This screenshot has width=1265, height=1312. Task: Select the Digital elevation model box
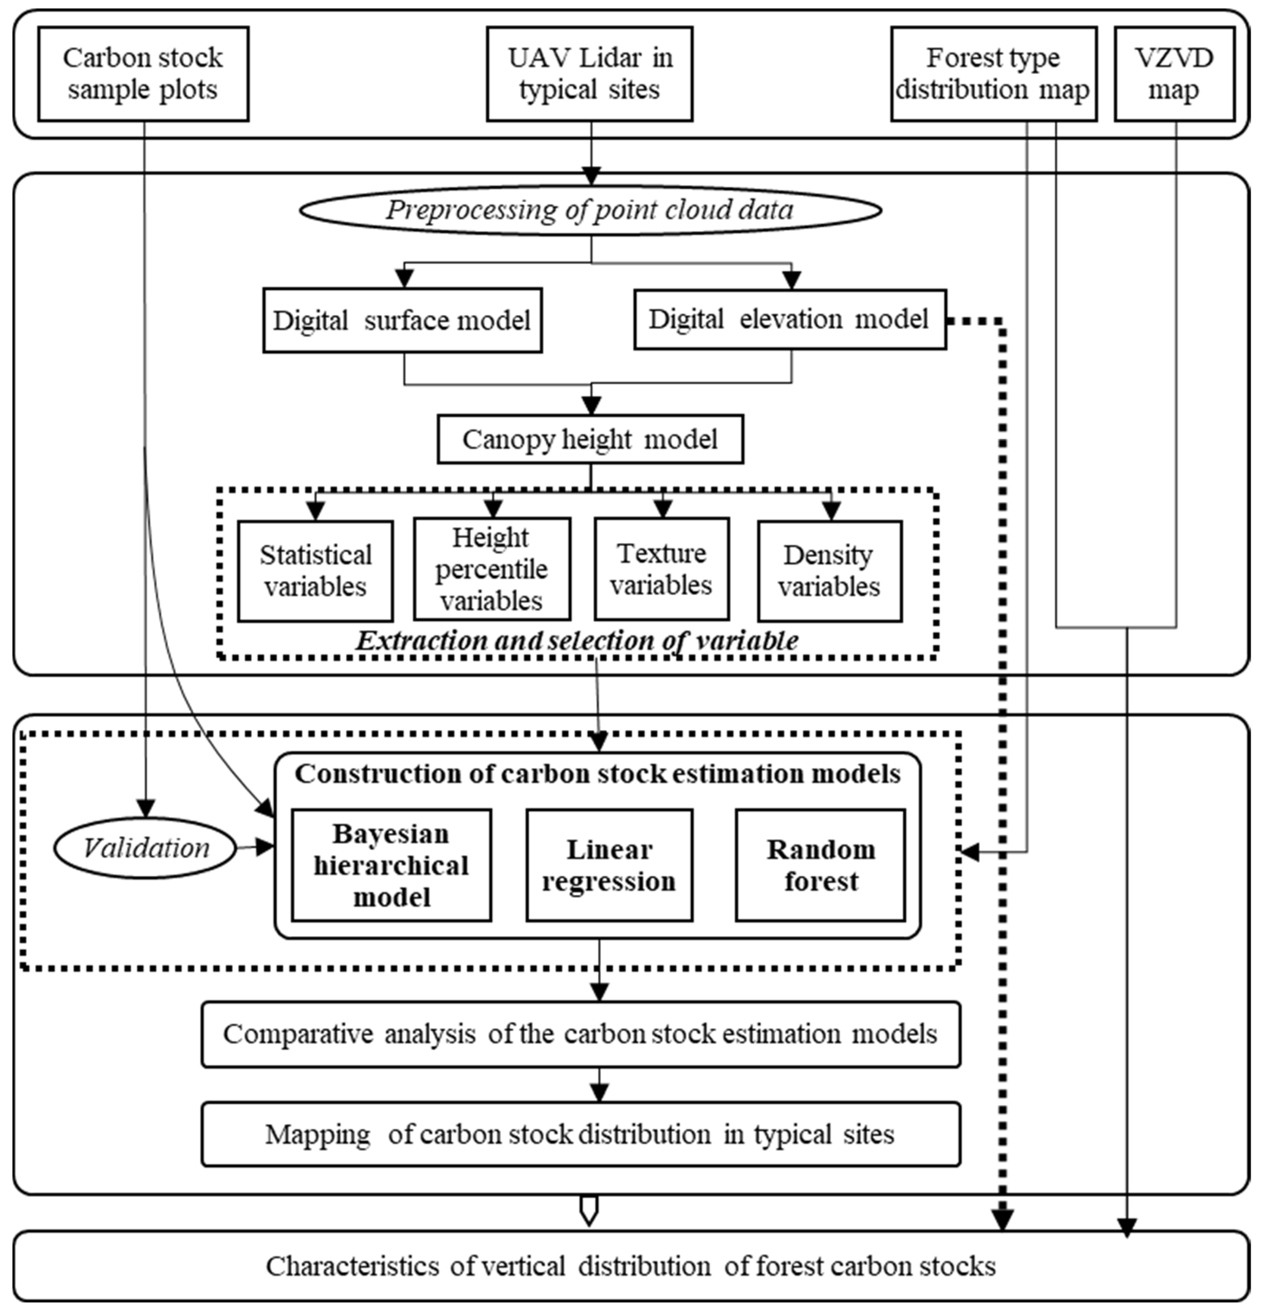pyautogui.click(x=790, y=319)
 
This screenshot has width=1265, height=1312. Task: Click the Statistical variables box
pyautogui.click(x=315, y=571)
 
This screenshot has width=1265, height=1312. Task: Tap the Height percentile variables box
pyautogui.click(x=492, y=569)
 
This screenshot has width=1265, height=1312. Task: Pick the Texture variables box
pyautogui.click(x=661, y=569)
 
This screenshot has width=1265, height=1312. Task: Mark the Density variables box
pyautogui.click(x=829, y=571)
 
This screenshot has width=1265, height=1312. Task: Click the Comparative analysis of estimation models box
pyautogui.click(x=580, y=1034)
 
